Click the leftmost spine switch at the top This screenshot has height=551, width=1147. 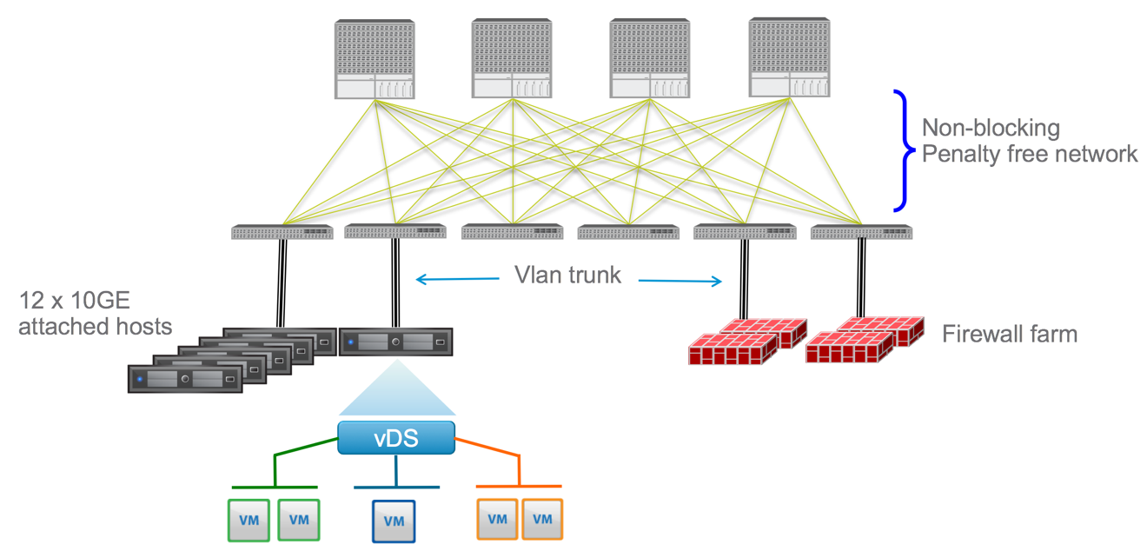pyautogui.click(x=375, y=59)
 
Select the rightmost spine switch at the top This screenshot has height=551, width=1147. pyautogui.click(x=788, y=59)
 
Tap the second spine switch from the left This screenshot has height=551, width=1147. pyautogui.click(x=512, y=59)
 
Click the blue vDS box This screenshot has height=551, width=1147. pyautogui.click(x=396, y=438)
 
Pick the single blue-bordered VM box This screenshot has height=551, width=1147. pyautogui.click(x=394, y=521)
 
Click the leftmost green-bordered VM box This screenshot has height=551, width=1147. pyautogui.click(x=249, y=520)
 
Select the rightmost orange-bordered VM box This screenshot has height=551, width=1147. pyautogui.click(x=542, y=520)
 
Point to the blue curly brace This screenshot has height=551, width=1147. pyautogui.click(x=901, y=151)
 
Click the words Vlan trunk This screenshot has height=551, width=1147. pyautogui.click(x=568, y=275)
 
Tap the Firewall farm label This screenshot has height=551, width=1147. pyautogui.click(x=1009, y=334)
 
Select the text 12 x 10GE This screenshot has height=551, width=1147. pyautogui.click(x=75, y=302)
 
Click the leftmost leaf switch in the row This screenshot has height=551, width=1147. pyautogui.click(x=282, y=232)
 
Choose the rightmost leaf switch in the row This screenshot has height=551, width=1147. pyautogui.click(x=861, y=232)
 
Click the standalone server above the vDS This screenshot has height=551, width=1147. pyautogui.click(x=396, y=342)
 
